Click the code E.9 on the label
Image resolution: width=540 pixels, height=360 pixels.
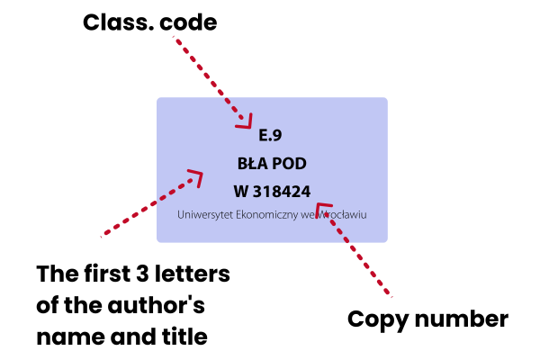tap(271, 136)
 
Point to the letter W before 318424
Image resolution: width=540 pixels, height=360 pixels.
tap(240, 192)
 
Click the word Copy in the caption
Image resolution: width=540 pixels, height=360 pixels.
tap(376, 319)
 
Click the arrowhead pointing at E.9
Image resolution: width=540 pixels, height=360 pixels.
tap(247, 122)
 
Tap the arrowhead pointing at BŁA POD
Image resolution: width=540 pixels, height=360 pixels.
tap(195, 175)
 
